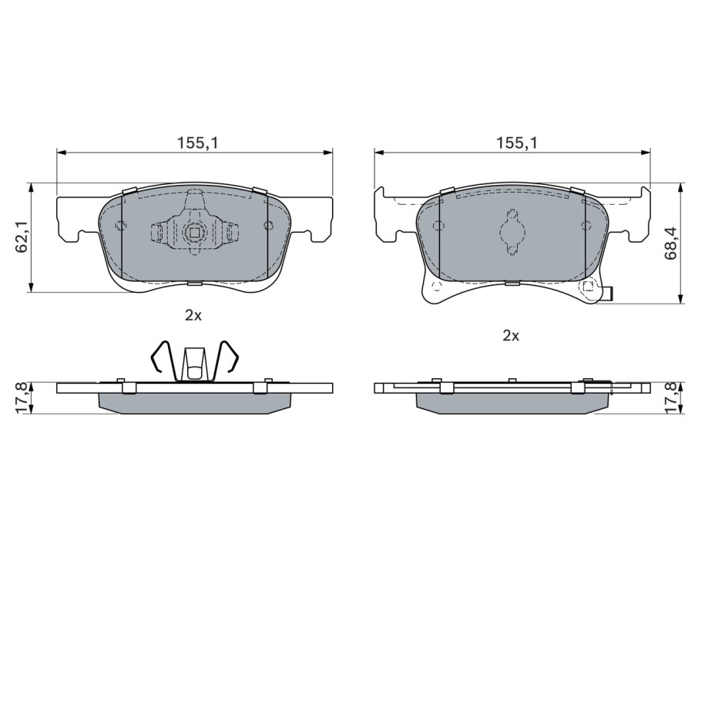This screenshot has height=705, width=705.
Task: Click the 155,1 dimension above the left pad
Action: [197, 143]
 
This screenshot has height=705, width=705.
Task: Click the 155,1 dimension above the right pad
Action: [516, 143]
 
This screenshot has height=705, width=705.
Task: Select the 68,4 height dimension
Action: [671, 243]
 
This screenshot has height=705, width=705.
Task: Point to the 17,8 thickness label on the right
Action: [672, 398]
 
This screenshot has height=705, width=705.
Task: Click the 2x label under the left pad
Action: [193, 316]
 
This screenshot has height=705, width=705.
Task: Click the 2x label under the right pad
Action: [511, 335]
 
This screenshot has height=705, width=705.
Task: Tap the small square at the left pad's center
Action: [194, 233]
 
